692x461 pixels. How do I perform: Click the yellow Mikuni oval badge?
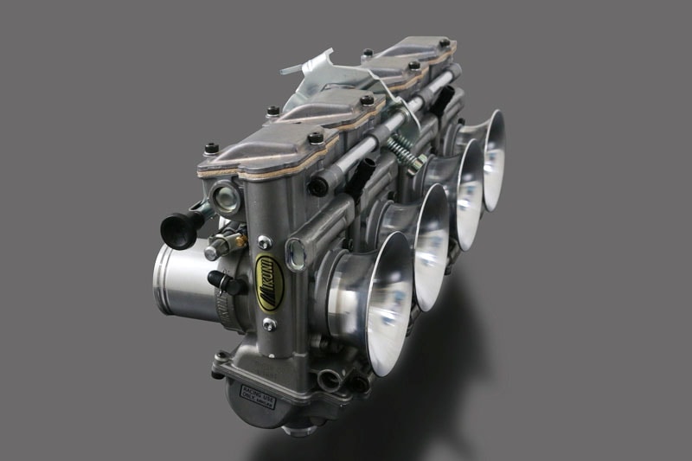click(x=270, y=283)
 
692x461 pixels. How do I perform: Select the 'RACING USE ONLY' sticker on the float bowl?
click(x=258, y=396)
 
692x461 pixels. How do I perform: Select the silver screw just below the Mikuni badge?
click(x=270, y=324)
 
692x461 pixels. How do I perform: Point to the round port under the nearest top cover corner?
click(x=225, y=199)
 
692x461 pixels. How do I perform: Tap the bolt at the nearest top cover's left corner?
click(x=211, y=149)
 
